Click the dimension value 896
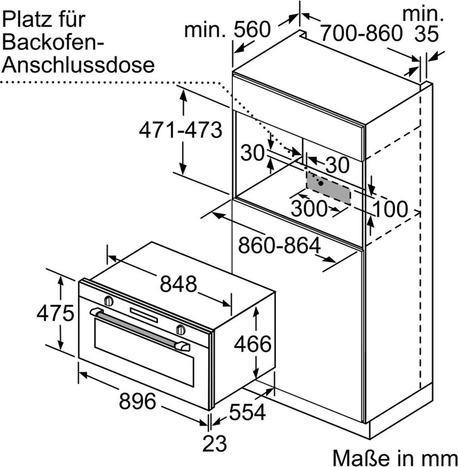pyautogui.click(x=137, y=402)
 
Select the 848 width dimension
pyautogui.click(x=178, y=284)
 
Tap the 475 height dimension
pyautogui.click(x=55, y=314)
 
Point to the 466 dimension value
pyautogui.click(x=252, y=344)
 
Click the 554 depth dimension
pyautogui.click(x=247, y=413)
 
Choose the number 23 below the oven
pyautogui.click(x=214, y=443)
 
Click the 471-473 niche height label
pyautogui.click(x=180, y=131)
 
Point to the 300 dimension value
pyautogui.click(x=309, y=209)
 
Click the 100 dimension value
pyautogui.click(x=390, y=209)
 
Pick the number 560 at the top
pyautogui.click(x=252, y=31)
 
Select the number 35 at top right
pyautogui.click(x=426, y=35)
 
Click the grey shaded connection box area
pyautogui.click(x=328, y=188)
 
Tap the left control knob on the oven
pyautogui.click(x=109, y=301)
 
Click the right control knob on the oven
pyautogui.click(x=181, y=329)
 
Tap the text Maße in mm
pyautogui.click(x=394, y=457)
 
